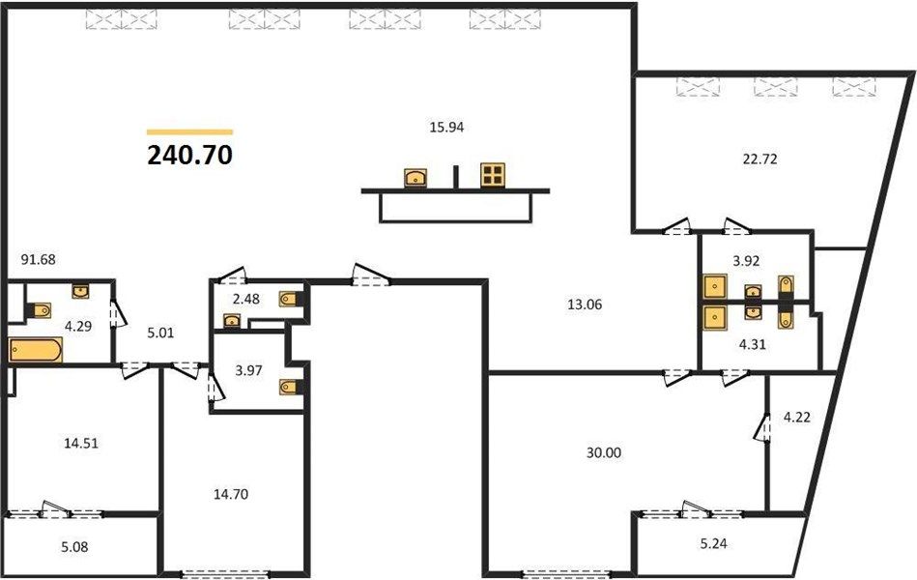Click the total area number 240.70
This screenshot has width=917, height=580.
tap(189, 155)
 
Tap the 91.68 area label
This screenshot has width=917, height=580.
tap(38, 259)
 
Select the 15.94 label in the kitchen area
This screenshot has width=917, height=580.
tap(446, 127)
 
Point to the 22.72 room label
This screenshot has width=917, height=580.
tap(759, 159)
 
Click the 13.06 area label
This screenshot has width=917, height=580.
tap(585, 304)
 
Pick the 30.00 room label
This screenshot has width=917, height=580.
tap(604, 453)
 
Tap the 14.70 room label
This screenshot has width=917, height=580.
tap(230, 495)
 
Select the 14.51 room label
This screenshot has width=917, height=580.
tap(81, 444)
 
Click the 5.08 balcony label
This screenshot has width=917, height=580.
tap(74, 547)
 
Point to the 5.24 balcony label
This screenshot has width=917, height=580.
tap(713, 543)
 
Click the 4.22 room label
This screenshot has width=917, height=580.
tap(796, 418)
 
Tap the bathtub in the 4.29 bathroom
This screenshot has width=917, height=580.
tap(36, 350)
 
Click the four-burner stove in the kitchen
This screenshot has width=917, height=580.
tap(493, 176)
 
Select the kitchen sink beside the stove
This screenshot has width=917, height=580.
tap(416, 177)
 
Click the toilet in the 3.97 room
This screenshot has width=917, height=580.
tap(290, 387)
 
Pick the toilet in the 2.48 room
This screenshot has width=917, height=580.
tap(290, 299)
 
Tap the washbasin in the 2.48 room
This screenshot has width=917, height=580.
tap(232, 321)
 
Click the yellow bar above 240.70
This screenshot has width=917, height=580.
tap(189, 132)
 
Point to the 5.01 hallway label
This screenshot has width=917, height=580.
tap(160, 333)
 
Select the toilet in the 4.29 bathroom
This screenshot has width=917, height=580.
tap(41, 310)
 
